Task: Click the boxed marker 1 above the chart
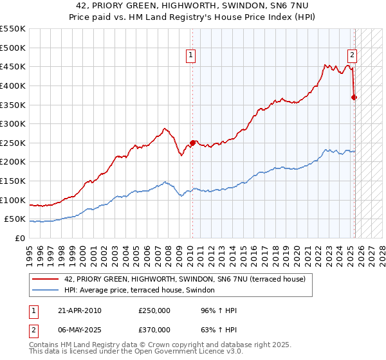click(x=192, y=57)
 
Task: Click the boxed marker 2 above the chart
click(x=353, y=57)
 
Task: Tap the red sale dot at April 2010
click(x=192, y=143)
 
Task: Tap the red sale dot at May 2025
click(x=354, y=97)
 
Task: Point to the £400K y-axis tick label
click(x=13, y=85)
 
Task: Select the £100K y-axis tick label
click(x=13, y=200)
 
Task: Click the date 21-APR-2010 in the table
click(x=78, y=310)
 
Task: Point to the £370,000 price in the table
click(x=154, y=330)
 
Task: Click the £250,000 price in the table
click(x=154, y=310)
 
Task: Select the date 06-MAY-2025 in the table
click(x=79, y=330)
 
